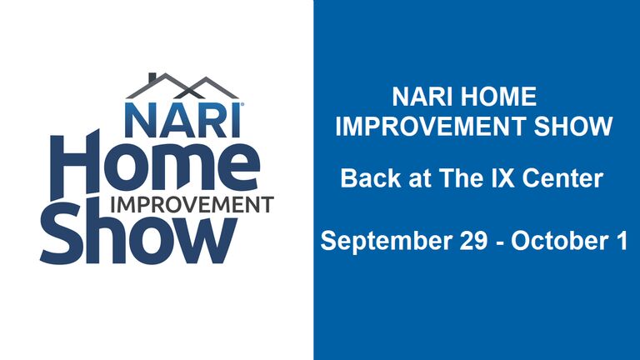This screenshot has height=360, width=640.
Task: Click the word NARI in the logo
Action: (x=182, y=120)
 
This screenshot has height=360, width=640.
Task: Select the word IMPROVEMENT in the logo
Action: (x=192, y=205)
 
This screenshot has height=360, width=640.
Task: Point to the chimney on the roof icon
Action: (x=152, y=77)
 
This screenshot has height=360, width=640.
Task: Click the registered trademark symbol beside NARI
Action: (x=242, y=105)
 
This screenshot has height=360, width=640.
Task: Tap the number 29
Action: (x=473, y=240)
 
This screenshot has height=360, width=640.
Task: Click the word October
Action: (x=559, y=240)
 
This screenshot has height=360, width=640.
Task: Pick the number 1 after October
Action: (x=621, y=240)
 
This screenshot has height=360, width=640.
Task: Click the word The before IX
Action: (x=462, y=178)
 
